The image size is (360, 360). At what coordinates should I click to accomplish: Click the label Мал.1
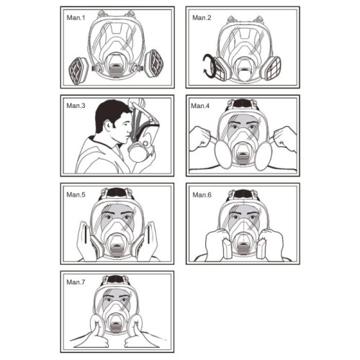[76, 18]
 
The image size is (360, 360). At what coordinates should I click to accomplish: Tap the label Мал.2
[202, 18]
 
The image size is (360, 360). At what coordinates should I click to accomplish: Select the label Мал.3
[76, 106]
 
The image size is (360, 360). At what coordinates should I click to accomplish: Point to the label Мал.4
[200, 106]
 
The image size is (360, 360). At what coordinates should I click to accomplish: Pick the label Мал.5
[76, 194]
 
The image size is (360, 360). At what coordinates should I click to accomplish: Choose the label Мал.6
[202, 194]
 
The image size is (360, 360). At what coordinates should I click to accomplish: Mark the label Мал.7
[76, 282]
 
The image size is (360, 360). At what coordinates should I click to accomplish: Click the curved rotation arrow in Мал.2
[207, 66]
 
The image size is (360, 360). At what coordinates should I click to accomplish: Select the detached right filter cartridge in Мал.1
[154, 63]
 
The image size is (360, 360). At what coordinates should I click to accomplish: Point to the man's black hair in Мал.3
[110, 114]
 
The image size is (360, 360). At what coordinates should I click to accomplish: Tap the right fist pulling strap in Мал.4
[286, 139]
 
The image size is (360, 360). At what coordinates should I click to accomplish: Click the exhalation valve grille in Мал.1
[116, 71]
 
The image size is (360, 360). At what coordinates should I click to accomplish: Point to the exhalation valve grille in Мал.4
[243, 159]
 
